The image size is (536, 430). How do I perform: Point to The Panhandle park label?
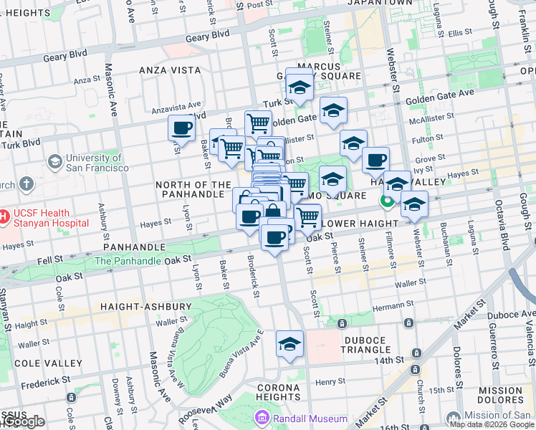(128, 261)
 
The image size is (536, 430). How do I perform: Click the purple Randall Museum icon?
(262, 418)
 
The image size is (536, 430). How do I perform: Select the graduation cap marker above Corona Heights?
(290, 345)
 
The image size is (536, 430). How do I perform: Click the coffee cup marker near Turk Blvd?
(181, 128)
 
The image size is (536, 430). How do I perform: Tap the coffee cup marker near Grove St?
(375, 161)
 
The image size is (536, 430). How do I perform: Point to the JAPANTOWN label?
(380, 3)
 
